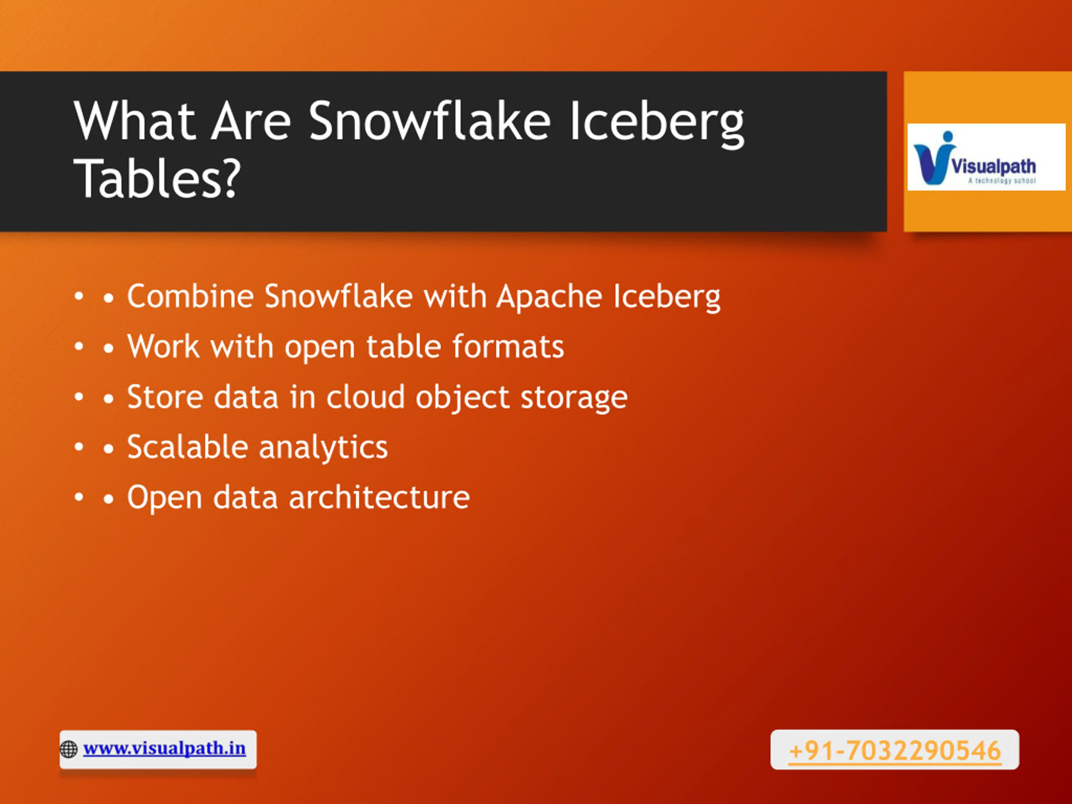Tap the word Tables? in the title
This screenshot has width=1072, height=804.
point(157,178)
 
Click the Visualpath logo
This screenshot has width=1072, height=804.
point(986,157)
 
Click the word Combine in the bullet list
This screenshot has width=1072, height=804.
point(191,296)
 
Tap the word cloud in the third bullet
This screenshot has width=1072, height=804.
point(366,397)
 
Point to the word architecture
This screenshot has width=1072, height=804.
point(379,497)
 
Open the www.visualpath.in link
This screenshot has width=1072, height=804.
point(164,748)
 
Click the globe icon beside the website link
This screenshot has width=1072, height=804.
point(69,749)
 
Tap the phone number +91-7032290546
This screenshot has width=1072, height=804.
point(894,751)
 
